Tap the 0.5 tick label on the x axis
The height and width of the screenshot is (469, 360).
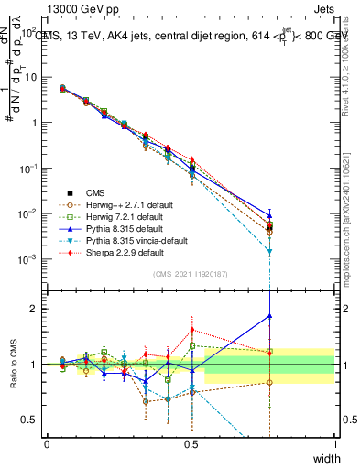[x=191, y=444]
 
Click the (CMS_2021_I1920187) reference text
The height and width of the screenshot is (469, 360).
[x=190, y=274]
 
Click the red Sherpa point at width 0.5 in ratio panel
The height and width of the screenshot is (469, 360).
[x=191, y=330]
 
